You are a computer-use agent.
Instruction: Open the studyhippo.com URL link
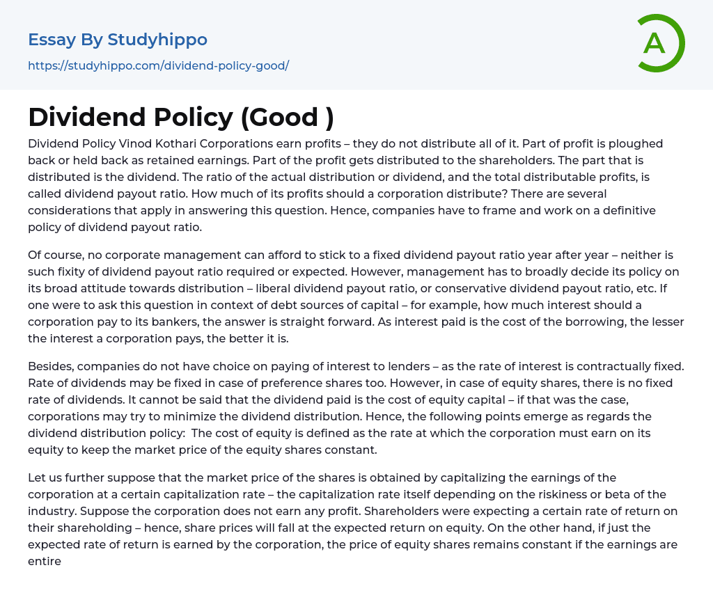pos(158,66)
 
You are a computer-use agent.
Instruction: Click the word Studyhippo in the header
pos(157,40)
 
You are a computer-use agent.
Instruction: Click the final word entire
pos(45,561)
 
